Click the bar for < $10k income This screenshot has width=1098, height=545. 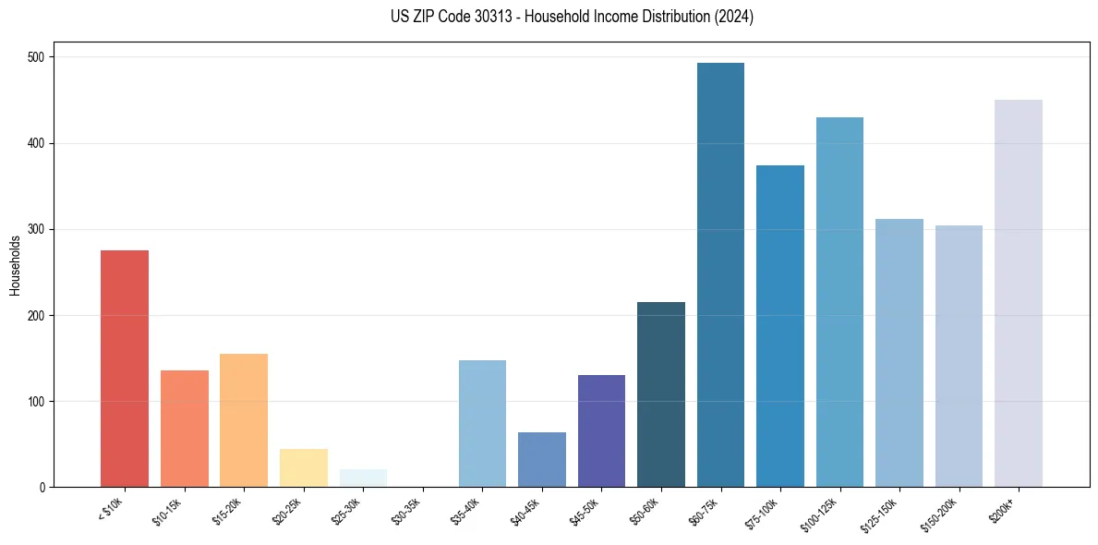pyautogui.click(x=124, y=369)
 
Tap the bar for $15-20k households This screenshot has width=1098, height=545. pyautogui.click(x=244, y=420)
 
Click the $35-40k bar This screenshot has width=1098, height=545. pyautogui.click(x=482, y=423)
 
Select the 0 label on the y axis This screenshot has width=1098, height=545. pyautogui.click(x=42, y=488)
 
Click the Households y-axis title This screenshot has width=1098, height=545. pyautogui.click(x=15, y=264)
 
